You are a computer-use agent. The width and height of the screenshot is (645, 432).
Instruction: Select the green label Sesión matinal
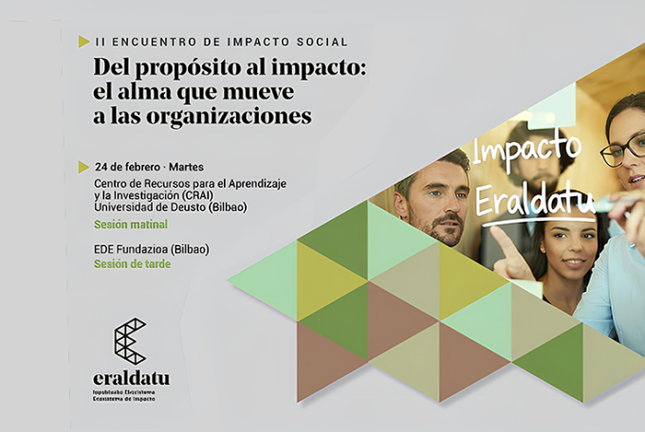(130, 225)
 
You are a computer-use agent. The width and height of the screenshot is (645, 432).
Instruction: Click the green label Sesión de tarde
(132, 263)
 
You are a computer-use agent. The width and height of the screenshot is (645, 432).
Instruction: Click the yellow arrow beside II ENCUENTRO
(84, 42)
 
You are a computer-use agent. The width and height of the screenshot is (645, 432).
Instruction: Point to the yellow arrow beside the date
(84, 168)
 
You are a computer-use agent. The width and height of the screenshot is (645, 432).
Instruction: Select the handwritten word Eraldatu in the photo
(533, 200)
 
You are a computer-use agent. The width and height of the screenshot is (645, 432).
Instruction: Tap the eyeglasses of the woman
(622, 146)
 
